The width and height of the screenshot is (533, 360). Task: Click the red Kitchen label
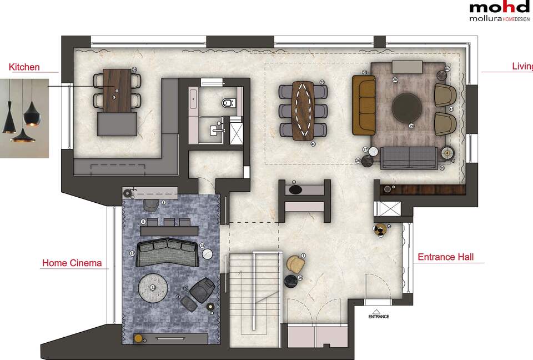coord(24,67)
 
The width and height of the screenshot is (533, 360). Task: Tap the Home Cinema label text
coord(72,263)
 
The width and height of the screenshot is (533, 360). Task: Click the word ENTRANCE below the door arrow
coord(379,317)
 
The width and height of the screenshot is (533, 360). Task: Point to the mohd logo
coord(500,7)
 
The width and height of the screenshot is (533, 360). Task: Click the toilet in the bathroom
coord(228,102)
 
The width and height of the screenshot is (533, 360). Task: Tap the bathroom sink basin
coord(215,130)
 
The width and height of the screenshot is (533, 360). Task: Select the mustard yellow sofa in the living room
coord(364,106)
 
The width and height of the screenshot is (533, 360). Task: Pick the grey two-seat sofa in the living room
coord(408,158)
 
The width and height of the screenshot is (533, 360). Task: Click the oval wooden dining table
coord(303,110)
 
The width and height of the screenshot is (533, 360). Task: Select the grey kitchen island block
coord(117,123)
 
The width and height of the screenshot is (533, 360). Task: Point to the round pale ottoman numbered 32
coord(153,288)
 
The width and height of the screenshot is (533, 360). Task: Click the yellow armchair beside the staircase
coord(295,263)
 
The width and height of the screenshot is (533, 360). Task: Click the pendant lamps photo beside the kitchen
coord(22,117)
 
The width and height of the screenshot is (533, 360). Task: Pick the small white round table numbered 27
coord(373,151)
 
